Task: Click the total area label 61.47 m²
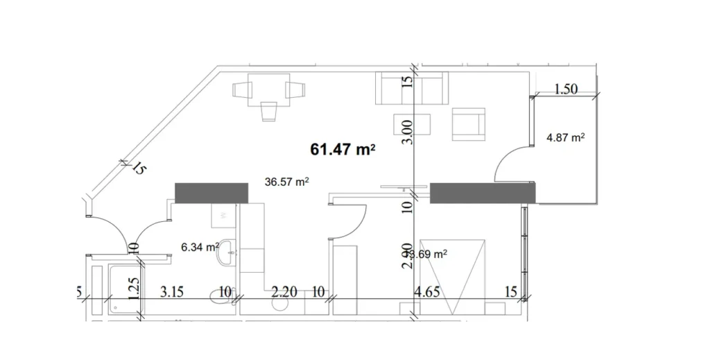point(343,149)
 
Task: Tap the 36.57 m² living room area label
point(286,182)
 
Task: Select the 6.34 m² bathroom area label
point(200,246)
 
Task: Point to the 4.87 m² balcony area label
point(566,137)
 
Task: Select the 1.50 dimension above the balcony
point(566,89)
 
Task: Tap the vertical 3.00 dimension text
point(408,131)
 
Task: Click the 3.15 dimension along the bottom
point(171,292)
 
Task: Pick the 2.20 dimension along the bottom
point(285,292)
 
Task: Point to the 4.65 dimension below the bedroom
point(428,292)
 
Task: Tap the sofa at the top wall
point(412,88)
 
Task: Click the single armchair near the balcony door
point(469,123)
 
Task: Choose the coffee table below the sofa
point(412,126)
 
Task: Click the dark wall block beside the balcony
point(483,193)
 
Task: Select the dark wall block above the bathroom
point(211,193)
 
